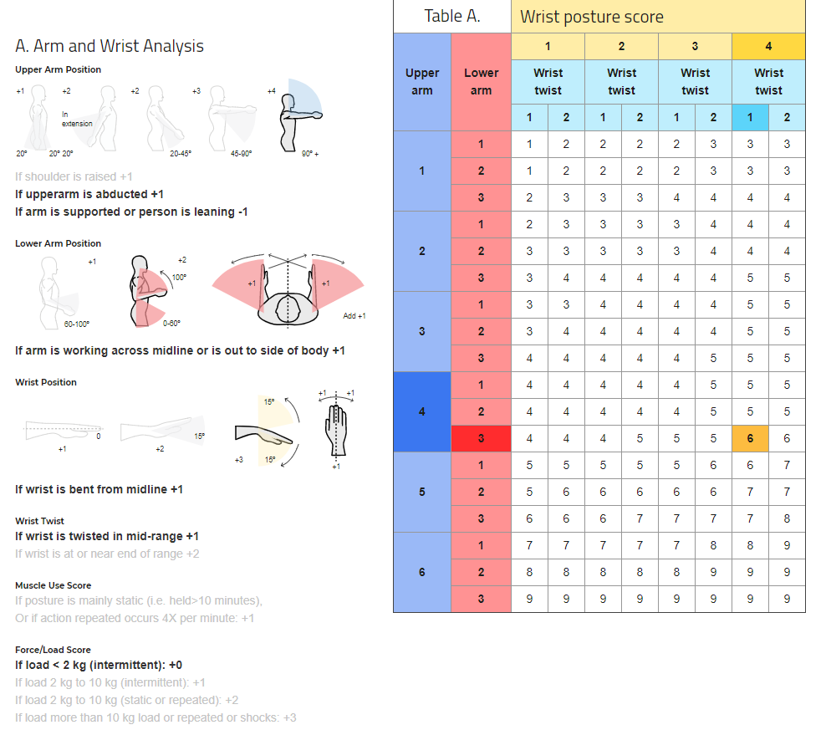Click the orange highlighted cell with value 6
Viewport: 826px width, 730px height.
750,438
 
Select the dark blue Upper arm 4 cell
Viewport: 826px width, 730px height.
421,411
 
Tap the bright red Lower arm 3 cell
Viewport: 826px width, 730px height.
481,438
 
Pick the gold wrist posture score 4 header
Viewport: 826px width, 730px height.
768,47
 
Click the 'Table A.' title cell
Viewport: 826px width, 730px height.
452,16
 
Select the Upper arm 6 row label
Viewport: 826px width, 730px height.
421,572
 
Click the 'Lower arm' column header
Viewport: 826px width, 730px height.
481,81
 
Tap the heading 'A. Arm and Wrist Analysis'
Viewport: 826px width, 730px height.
110,46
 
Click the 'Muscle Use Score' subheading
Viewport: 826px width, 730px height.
54,585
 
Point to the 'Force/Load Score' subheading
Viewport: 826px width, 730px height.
53,650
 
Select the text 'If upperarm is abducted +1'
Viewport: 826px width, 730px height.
89,194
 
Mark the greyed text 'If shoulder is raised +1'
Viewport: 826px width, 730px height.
74,176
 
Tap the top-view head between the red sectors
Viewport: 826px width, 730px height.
288,308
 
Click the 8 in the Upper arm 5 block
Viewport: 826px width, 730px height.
787,518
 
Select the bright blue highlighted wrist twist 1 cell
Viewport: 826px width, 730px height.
750,117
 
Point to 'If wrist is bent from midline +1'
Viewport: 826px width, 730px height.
99,489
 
